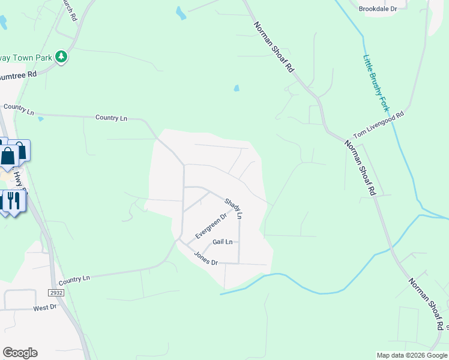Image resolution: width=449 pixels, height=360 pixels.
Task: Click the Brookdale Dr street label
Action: [x=378, y=9]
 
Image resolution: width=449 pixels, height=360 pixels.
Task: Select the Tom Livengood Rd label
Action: [x=379, y=125]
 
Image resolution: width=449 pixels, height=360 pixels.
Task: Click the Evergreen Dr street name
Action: [x=211, y=226]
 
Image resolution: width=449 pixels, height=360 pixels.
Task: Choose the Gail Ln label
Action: [x=222, y=242]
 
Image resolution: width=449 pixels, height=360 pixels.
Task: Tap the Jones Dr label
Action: [x=205, y=258]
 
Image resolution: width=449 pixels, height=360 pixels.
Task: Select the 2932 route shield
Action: [x=57, y=292]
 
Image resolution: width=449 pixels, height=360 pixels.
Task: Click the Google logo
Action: [x=20, y=352]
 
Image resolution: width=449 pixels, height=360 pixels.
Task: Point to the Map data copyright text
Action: [x=412, y=355]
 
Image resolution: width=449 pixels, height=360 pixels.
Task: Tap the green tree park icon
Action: [x=61, y=57]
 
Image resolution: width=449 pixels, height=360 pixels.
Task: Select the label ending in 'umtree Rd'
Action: [x=19, y=75]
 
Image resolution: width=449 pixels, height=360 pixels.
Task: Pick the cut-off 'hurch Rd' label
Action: [x=70, y=8]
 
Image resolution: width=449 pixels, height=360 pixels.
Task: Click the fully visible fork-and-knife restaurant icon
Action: [x=14, y=200]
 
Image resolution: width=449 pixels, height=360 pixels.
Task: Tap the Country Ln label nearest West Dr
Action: [x=74, y=279]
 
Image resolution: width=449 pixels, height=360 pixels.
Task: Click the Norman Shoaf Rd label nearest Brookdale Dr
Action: [x=274, y=47]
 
